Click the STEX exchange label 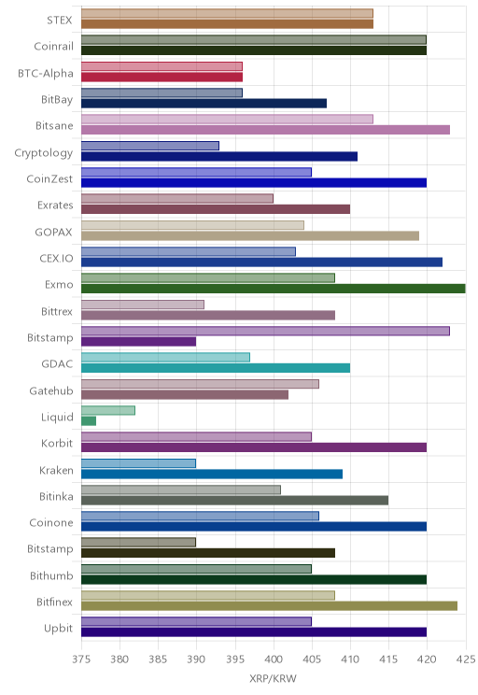[60, 20]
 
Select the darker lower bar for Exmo [274, 289]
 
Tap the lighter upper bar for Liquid [108, 410]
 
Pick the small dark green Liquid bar [89, 421]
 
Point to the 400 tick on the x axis [274, 660]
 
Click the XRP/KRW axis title [273, 678]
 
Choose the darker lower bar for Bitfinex [270, 606]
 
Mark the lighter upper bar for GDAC [165, 357]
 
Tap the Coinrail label [53, 47]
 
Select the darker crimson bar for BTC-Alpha [162, 78]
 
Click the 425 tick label [466, 660]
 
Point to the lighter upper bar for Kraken [139, 463]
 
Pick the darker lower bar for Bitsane [266, 130]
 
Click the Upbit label [58, 629]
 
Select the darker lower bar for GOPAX [250, 235]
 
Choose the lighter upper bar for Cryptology [150, 146]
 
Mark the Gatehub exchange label [51, 390]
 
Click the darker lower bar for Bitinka [234, 501]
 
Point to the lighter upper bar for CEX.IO [189, 252]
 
